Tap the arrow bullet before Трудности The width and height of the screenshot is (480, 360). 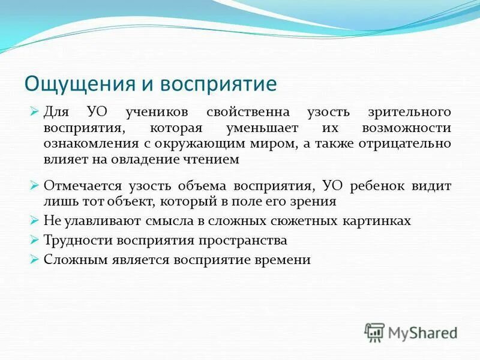pos(34,240)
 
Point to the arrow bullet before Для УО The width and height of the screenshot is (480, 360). pos(34,112)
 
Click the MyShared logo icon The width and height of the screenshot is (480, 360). pos(374,332)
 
